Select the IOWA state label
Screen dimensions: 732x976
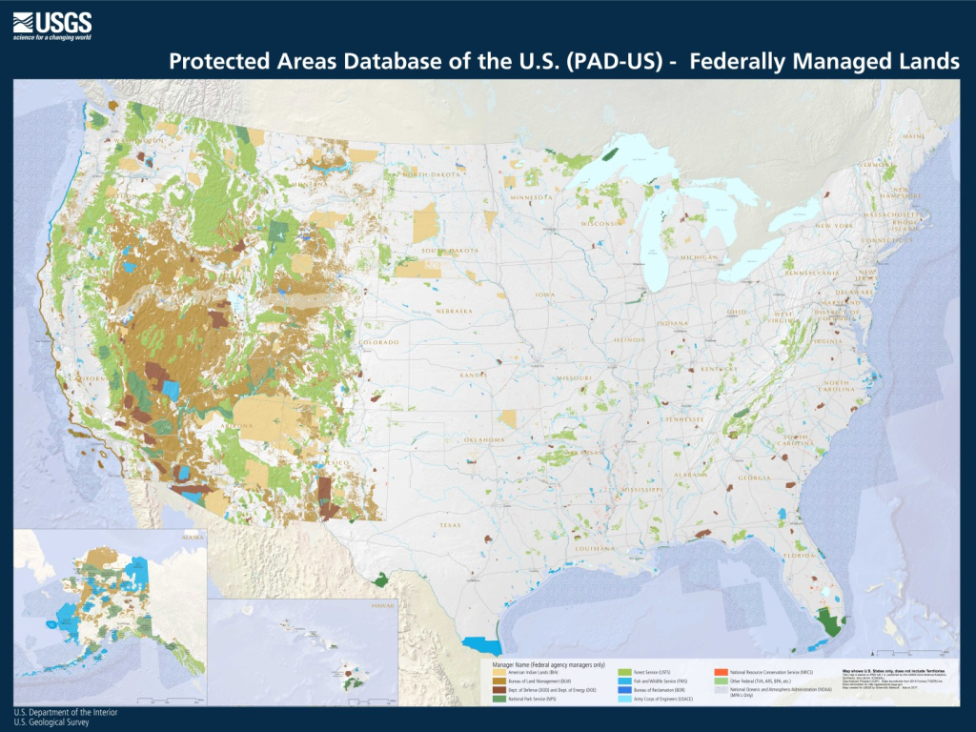[x=544, y=295]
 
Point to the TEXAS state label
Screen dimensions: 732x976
[x=449, y=525]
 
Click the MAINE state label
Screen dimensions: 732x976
[x=913, y=136]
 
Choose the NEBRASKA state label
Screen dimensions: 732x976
[x=453, y=311]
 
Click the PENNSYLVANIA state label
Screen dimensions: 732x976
[x=817, y=273]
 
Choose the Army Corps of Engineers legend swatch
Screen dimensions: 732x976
[x=625, y=700]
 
